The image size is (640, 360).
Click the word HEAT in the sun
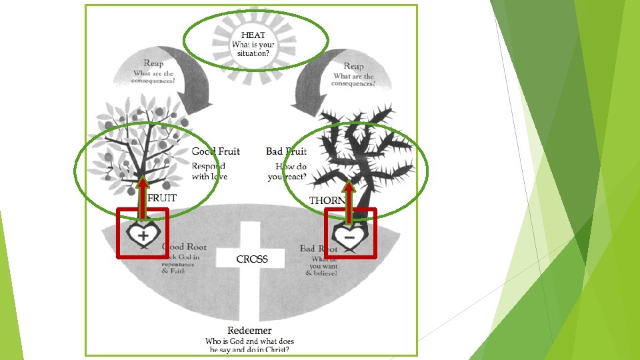(253, 35)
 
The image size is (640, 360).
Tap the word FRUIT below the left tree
(162, 198)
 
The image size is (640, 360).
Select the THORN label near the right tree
(327, 201)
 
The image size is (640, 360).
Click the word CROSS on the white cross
(252, 259)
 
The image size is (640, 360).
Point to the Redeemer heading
(249, 331)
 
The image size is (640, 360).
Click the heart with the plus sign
(143, 235)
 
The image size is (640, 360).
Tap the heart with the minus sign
(349, 237)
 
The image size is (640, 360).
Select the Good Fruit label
(215, 151)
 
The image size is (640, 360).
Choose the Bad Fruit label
(286, 151)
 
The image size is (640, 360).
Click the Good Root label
(185, 247)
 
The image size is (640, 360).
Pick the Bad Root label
(318, 249)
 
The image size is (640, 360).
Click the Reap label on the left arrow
(153, 63)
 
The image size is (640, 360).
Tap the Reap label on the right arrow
(353, 66)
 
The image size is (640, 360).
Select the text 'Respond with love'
(209, 171)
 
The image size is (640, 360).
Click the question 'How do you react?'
(287, 172)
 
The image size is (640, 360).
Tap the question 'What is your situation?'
(253, 49)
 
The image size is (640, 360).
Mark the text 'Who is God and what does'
(249, 341)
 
